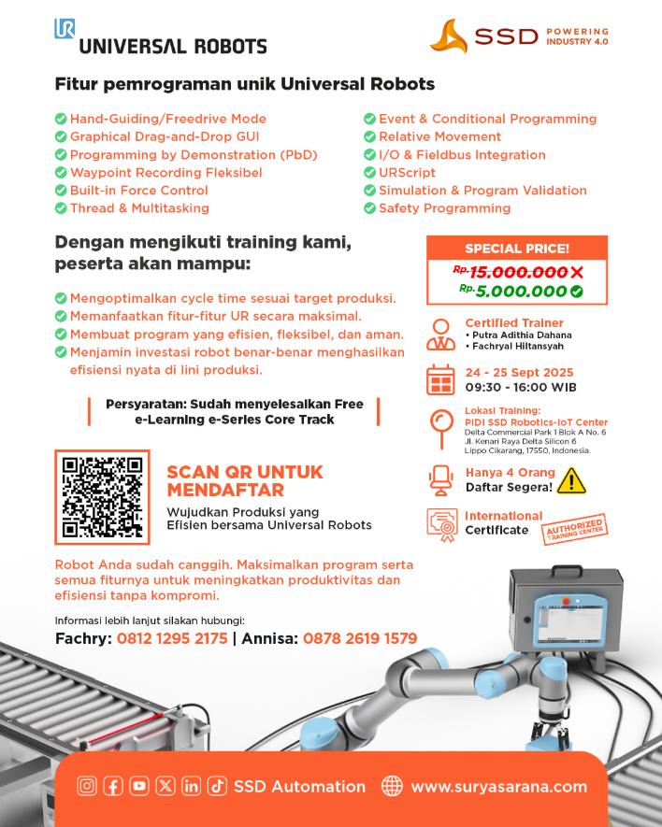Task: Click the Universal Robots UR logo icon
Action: point(65,29)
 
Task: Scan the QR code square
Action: point(101,496)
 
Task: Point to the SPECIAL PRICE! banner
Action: point(517,249)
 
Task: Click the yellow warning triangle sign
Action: point(570,480)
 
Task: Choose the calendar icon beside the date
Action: point(439,380)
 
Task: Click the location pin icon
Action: point(439,428)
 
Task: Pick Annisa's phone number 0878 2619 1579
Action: point(358,639)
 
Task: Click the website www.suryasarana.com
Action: point(498,787)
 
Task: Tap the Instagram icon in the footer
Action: point(86,787)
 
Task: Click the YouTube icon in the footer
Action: point(138,787)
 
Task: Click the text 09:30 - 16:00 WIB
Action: point(521,387)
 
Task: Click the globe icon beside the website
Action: point(392,787)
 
